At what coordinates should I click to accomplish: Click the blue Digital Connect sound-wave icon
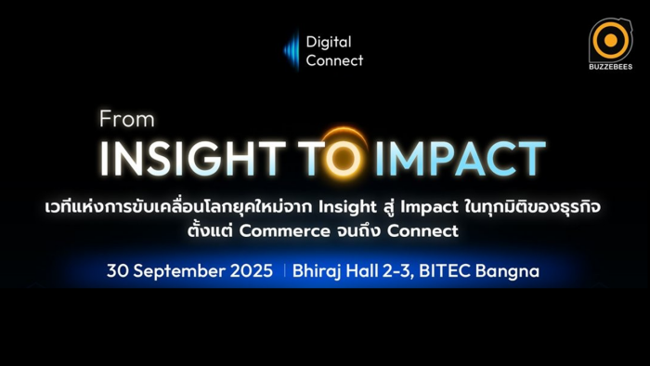pos(292,50)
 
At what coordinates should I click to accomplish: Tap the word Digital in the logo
pos(329,43)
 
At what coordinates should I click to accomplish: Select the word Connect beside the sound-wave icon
pos(334,60)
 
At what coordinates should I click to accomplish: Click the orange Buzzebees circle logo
pos(611,41)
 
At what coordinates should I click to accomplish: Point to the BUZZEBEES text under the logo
pos(611,66)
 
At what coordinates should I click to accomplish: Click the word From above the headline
pos(127,119)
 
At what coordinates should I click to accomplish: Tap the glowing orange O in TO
pos(343,158)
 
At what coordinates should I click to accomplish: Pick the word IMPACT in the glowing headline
pos(461,158)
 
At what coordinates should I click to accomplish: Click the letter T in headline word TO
pos(311,158)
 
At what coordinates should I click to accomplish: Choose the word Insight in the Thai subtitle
pos(348,207)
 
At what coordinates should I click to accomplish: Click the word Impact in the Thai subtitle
pos(429,207)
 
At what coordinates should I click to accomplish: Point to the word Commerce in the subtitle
pos(284,231)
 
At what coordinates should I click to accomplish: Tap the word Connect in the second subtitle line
pos(422,231)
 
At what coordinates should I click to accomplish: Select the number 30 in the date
pos(117,270)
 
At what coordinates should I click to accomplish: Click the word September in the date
pos(179,271)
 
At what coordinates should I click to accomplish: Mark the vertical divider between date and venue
pos(284,270)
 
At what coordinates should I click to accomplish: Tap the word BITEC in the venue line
pos(445,270)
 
